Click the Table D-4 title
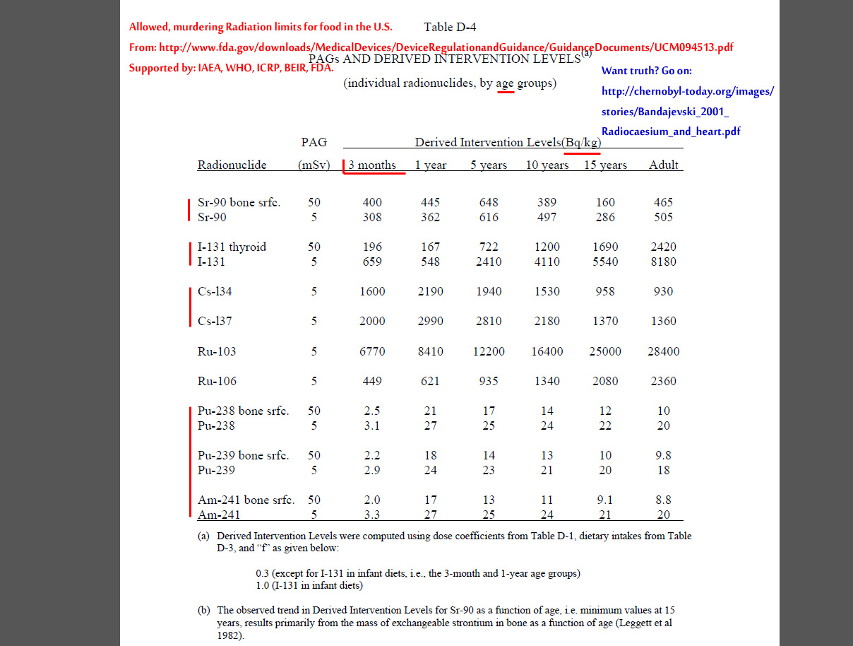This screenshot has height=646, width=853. [450, 28]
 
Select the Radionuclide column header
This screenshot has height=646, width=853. [232, 165]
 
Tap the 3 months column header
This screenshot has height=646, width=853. [372, 165]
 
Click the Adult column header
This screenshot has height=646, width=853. [663, 165]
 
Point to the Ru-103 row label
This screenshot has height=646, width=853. [217, 351]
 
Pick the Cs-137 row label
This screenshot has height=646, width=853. [215, 321]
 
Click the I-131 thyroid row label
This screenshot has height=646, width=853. [232, 247]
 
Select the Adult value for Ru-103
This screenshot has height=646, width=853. [663, 351]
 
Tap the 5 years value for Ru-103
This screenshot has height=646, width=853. [489, 351]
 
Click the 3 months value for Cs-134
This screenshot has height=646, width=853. [372, 291]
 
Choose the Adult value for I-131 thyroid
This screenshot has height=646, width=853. [663, 247]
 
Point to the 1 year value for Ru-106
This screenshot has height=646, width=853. [430, 381]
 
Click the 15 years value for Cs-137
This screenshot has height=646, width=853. [605, 321]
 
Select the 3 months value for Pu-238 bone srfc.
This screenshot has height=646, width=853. [372, 411]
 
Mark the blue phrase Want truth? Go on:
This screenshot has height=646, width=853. [646, 71]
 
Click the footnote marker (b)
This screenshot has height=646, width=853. [204, 609]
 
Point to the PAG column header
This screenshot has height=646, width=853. [314, 142]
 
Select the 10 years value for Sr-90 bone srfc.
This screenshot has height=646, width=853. [547, 202]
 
